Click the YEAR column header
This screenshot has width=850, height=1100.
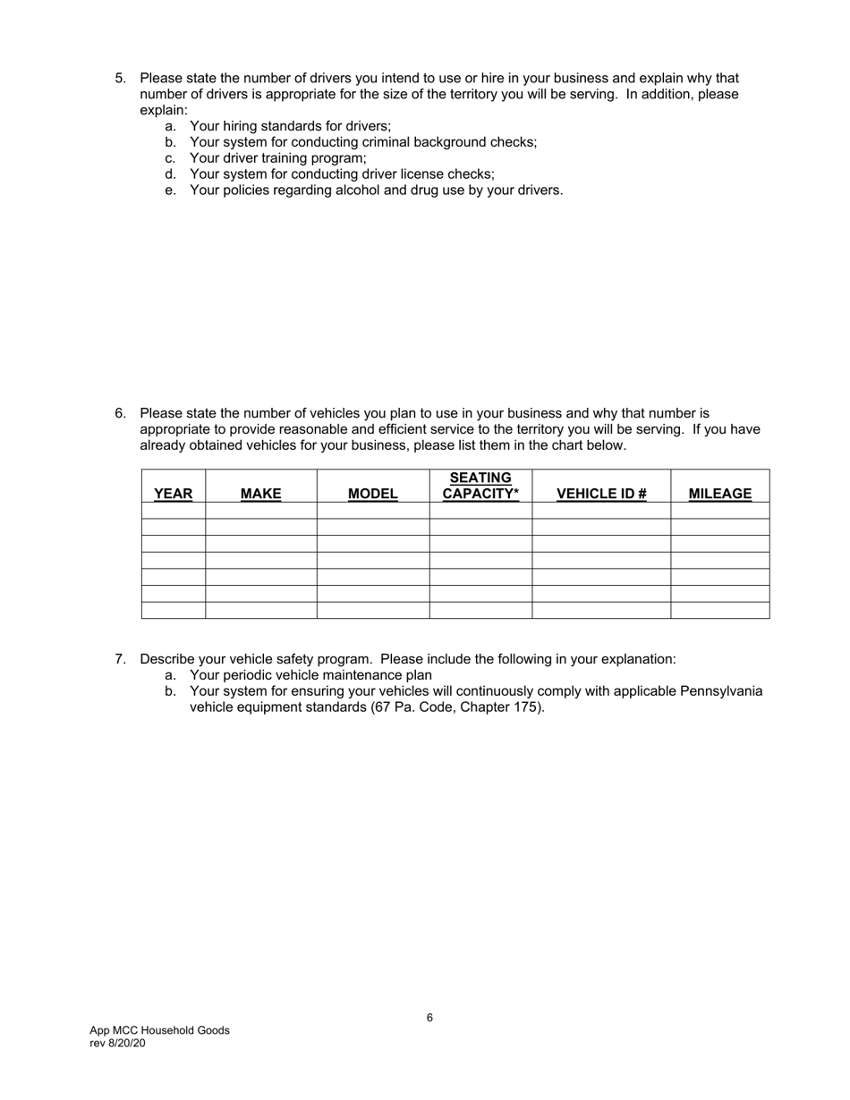(x=173, y=494)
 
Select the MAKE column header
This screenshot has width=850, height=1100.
(x=260, y=494)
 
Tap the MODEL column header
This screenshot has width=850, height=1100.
(x=372, y=494)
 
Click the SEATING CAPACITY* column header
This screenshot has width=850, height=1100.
(x=480, y=486)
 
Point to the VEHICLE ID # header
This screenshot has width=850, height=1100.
(x=600, y=494)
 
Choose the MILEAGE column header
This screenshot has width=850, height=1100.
(x=719, y=494)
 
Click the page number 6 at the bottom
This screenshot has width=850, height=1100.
(x=429, y=1018)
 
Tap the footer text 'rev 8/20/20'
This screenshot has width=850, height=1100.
(x=117, y=1044)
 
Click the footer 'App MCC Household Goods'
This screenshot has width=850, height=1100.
(x=159, y=1030)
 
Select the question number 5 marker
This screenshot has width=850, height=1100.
(x=120, y=79)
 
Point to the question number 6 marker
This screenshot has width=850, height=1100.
(x=120, y=413)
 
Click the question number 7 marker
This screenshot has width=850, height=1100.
(x=120, y=659)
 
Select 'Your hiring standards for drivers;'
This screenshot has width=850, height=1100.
(x=290, y=126)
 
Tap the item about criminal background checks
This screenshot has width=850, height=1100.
(x=362, y=142)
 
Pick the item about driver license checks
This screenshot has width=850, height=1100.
(x=341, y=174)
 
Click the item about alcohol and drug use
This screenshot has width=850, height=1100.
(x=376, y=190)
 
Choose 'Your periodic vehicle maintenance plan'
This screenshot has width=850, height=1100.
(x=310, y=675)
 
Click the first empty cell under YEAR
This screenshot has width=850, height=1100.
(x=173, y=511)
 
